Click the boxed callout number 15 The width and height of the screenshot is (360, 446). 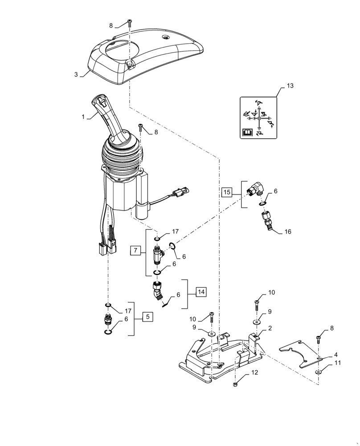point(227,192)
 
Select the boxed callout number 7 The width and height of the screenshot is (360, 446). point(136,251)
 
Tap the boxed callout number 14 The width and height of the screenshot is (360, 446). point(201,292)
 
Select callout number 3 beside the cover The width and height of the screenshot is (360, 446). point(76,74)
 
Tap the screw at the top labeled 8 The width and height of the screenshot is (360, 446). point(129,23)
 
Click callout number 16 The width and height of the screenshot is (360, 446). point(288,232)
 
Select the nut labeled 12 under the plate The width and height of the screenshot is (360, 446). point(235,384)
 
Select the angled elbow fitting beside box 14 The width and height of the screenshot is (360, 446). point(157,292)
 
